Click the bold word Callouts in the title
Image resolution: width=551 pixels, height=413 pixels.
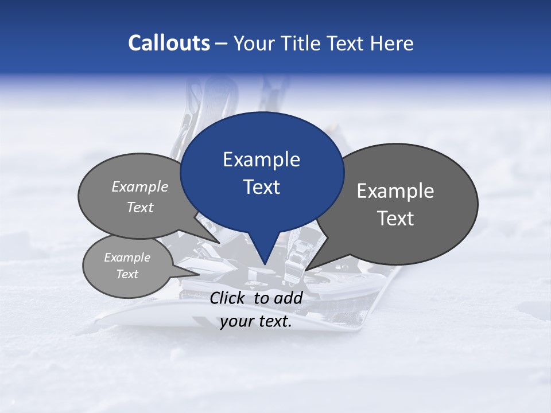point(169,43)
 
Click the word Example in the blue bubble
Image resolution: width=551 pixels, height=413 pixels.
point(261,159)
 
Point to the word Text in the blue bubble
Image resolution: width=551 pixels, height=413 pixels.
point(261,187)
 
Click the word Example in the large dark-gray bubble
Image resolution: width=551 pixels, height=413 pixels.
point(395,191)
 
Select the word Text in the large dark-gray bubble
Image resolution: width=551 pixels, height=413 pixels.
point(395,219)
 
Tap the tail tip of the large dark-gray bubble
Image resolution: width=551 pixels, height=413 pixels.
point(308,268)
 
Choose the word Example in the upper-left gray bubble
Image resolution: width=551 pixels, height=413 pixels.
point(140,186)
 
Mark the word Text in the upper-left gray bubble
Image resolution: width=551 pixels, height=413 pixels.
point(140,207)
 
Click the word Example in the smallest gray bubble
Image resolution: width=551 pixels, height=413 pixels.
point(127,258)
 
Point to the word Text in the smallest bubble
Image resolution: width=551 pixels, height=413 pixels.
point(127,274)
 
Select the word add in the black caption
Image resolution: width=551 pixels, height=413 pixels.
point(289,298)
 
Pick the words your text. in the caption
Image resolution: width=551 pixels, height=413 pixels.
point(256,321)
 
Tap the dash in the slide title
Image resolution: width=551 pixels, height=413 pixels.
point(222,44)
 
